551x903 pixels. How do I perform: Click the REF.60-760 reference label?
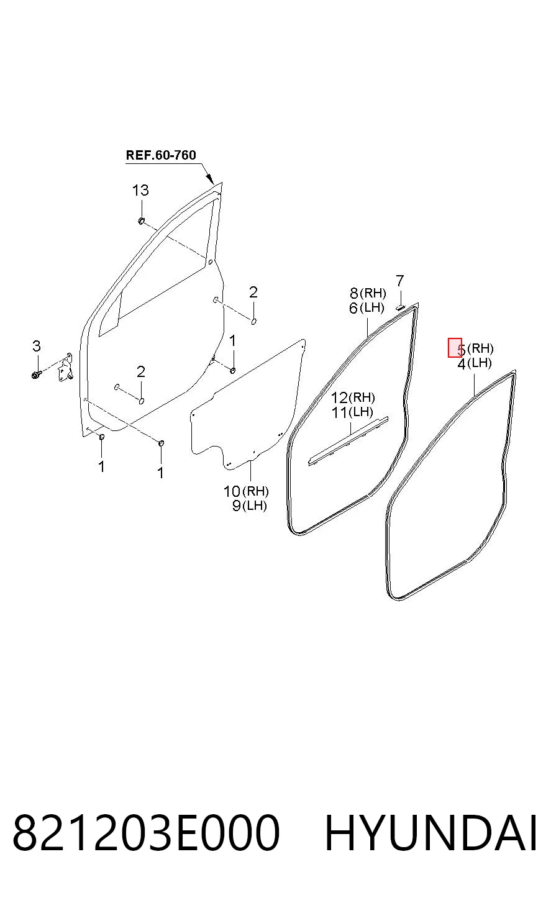tap(161, 155)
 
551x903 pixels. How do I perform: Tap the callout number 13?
tap(140, 190)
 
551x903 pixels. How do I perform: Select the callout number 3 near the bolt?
tap(36, 346)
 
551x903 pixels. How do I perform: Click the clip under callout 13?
tap(141, 220)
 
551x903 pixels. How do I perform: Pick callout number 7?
tap(399, 280)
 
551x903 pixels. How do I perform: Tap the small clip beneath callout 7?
tap(399, 307)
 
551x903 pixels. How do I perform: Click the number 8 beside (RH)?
tap(354, 293)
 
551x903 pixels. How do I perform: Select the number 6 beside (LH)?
tap(353, 308)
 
